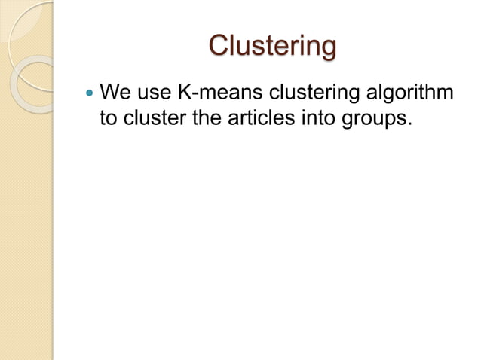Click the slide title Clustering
point(272,47)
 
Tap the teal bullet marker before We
point(89,94)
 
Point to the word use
point(153,93)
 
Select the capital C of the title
point(219,47)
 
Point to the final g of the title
point(327,50)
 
